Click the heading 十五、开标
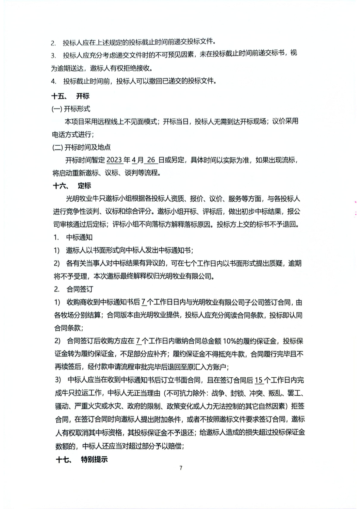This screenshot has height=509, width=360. coord(70,96)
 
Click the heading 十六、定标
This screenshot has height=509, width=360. coord(72,186)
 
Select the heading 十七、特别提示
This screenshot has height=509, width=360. coord(82,459)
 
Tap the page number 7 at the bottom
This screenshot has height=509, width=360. coord(181,468)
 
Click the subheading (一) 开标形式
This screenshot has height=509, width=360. coord(71,109)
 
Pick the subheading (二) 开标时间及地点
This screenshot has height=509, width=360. coord(81,147)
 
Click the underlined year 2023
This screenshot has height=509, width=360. coord(114,160)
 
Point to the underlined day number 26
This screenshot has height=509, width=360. coord(151,160)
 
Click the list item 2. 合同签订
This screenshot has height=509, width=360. coord(74,289)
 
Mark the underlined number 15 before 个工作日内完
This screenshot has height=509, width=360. coord(259,380)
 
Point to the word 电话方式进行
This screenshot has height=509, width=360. coord(71,134)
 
